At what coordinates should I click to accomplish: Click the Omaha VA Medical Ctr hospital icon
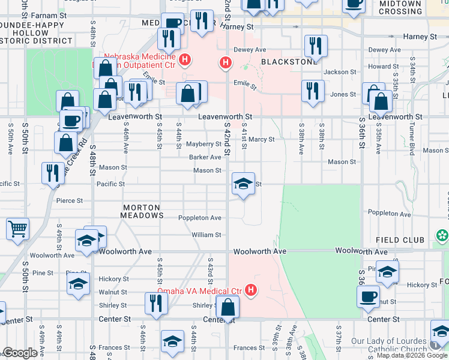coord(251,291)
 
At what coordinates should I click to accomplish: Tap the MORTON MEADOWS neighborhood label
coord(142,211)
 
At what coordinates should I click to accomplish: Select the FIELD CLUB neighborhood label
coord(400,240)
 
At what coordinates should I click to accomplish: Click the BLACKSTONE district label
coord(281,62)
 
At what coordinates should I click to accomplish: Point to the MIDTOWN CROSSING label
coord(400,7)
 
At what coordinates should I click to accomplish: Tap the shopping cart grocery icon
coord(17,229)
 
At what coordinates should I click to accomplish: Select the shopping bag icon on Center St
coord(228,307)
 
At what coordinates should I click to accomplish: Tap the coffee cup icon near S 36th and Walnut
coord(368,296)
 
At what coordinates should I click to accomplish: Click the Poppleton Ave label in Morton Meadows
coord(200,218)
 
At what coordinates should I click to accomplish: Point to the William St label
coord(206,235)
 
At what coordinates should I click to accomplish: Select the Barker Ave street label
coord(205,157)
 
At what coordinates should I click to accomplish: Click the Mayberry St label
coord(203,144)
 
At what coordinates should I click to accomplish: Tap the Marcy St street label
coord(262,139)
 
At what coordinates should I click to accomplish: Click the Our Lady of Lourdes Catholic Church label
coord(397,345)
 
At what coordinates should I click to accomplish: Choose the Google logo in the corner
coord(20,353)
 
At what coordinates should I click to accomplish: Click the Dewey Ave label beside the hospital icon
coord(249,50)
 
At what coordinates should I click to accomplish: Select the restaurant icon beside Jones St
coord(313,91)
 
